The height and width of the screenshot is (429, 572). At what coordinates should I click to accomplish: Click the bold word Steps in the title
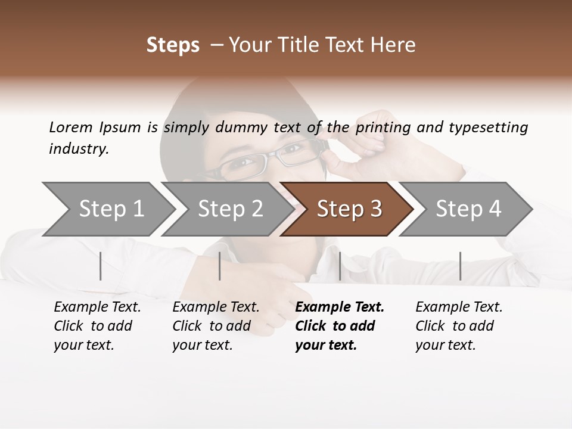click(x=173, y=45)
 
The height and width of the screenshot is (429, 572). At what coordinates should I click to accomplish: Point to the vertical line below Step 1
click(x=101, y=266)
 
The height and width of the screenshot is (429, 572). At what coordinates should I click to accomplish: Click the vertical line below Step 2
click(x=220, y=266)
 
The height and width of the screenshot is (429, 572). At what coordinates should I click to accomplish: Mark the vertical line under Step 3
click(x=340, y=266)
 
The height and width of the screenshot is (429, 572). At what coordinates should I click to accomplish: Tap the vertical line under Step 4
click(x=460, y=266)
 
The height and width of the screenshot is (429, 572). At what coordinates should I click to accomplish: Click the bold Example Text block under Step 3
click(x=340, y=326)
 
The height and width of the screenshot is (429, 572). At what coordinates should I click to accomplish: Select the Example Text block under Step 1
click(x=97, y=326)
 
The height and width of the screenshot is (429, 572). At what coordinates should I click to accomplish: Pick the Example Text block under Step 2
click(x=216, y=326)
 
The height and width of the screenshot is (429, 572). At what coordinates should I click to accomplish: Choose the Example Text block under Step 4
click(x=459, y=326)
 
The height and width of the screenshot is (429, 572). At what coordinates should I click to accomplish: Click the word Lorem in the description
click(x=71, y=127)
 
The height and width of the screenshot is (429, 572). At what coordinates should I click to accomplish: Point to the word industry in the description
click(x=79, y=149)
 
